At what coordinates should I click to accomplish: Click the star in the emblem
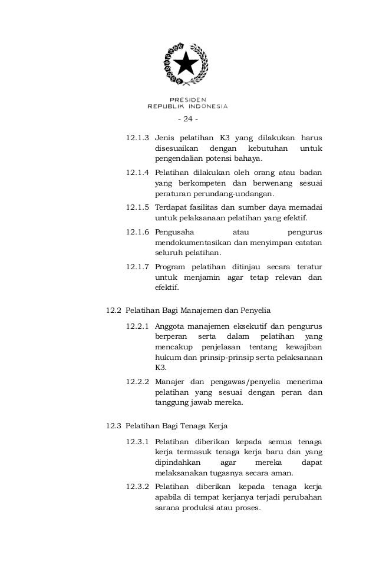(x=187, y=62)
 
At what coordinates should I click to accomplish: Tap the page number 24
(x=188, y=120)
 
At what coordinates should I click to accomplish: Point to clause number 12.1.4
(x=138, y=173)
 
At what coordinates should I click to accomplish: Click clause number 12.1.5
(x=138, y=207)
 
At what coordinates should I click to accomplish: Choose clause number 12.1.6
(x=138, y=232)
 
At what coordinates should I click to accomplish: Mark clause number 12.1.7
(x=138, y=266)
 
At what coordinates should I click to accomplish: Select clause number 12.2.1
(x=138, y=326)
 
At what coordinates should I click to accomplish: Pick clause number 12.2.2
(x=138, y=381)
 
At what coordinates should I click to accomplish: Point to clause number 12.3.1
(x=138, y=441)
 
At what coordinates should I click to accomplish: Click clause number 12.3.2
(x=138, y=487)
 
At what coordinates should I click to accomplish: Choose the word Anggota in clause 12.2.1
(x=171, y=326)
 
